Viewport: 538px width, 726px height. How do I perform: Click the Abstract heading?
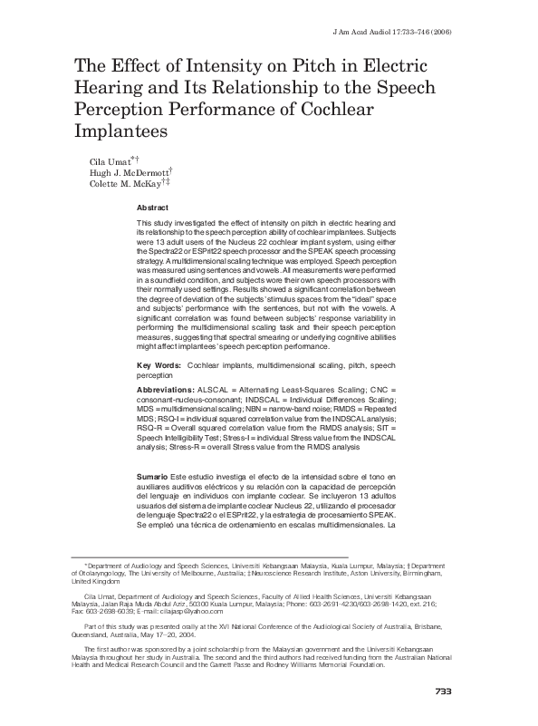coord(152,208)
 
